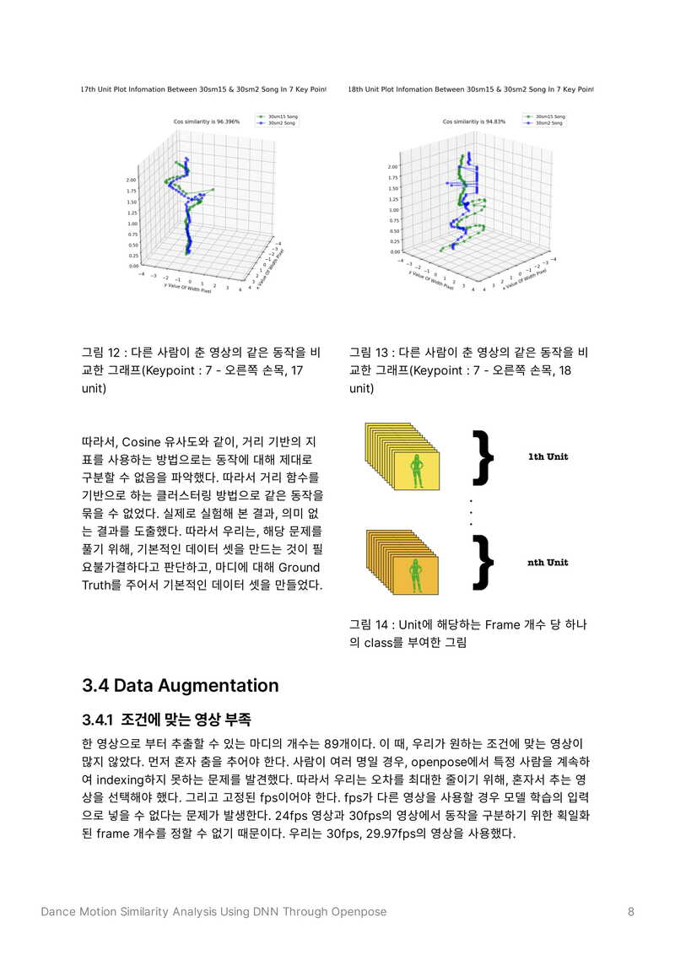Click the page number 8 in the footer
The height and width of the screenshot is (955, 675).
(x=631, y=911)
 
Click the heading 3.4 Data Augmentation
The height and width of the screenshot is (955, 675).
(x=180, y=685)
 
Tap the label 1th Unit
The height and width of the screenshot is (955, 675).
(x=548, y=457)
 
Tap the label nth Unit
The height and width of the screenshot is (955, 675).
(x=548, y=563)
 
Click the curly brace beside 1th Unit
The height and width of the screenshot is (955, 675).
(x=483, y=457)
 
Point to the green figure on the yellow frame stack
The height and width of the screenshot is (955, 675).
(x=415, y=472)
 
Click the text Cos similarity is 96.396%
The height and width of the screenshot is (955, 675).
(x=207, y=121)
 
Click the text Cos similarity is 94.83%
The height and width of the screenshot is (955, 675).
(x=474, y=121)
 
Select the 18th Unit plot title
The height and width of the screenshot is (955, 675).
(x=471, y=89)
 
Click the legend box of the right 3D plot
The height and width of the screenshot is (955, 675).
(x=544, y=120)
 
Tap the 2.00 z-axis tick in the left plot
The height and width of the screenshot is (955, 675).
(x=131, y=180)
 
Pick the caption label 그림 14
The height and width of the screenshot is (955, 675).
(x=370, y=625)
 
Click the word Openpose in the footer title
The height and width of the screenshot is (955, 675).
(x=358, y=911)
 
